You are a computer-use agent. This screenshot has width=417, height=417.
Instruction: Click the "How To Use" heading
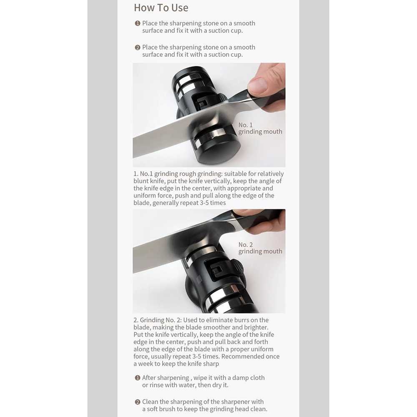(x=161, y=8)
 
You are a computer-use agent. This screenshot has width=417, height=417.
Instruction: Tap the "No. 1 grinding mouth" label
(x=260, y=128)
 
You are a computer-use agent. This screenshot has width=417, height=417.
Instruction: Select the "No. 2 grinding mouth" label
(x=260, y=248)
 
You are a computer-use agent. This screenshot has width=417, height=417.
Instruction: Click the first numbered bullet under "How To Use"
(x=138, y=23)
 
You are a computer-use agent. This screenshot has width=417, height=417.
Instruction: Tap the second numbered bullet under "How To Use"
(x=138, y=48)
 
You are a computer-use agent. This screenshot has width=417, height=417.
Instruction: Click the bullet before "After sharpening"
(x=138, y=378)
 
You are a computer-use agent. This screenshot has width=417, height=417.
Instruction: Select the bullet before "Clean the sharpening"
(x=138, y=402)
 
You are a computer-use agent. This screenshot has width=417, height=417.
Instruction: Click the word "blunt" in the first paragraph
(x=141, y=181)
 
